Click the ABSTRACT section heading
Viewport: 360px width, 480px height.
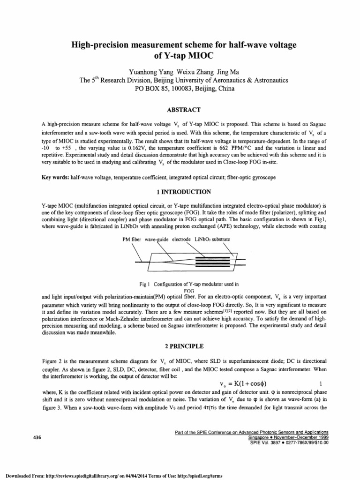[x=180, y=110]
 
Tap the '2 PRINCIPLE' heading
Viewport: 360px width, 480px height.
[x=180, y=347]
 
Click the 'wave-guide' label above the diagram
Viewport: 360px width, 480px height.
[x=157, y=240]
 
